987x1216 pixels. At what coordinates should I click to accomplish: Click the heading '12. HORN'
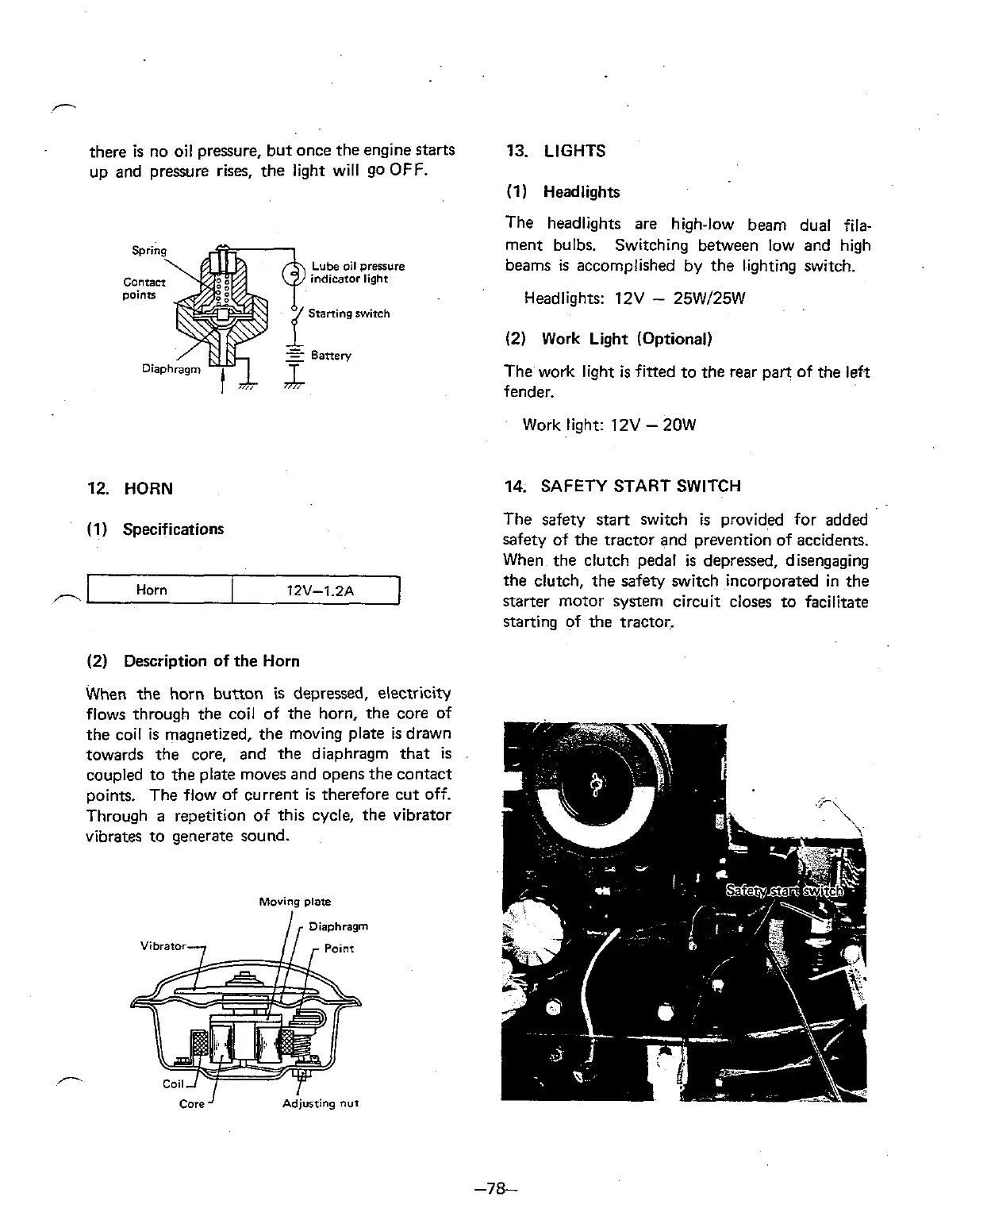click(x=130, y=489)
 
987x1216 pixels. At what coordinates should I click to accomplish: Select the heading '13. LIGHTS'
click(x=555, y=151)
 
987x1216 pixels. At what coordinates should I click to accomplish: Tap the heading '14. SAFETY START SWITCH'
click(x=623, y=486)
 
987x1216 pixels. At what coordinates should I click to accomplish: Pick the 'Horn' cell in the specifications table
click(x=152, y=590)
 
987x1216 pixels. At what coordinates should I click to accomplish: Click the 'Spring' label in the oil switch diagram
click(x=148, y=251)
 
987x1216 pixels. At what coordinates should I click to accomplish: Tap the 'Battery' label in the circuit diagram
click(x=331, y=355)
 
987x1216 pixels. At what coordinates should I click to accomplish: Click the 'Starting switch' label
click(x=348, y=314)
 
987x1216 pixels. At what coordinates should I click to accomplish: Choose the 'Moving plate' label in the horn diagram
click(x=295, y=902)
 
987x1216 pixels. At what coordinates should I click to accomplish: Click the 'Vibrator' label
click(x=163, y=946)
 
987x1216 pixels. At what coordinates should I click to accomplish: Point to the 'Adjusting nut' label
click(x=321, y=1104)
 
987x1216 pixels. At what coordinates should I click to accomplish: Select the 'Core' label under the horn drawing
click(x=192, y=1104)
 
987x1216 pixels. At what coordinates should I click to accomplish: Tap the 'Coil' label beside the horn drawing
click(x=173, y=1084)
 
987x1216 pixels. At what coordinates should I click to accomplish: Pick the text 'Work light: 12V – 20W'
click(x=609, y=425)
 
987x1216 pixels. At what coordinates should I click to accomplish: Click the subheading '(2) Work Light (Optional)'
click(x=609, y=339)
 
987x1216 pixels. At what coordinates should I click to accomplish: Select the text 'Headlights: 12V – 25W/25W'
click(x=634, y=299)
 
